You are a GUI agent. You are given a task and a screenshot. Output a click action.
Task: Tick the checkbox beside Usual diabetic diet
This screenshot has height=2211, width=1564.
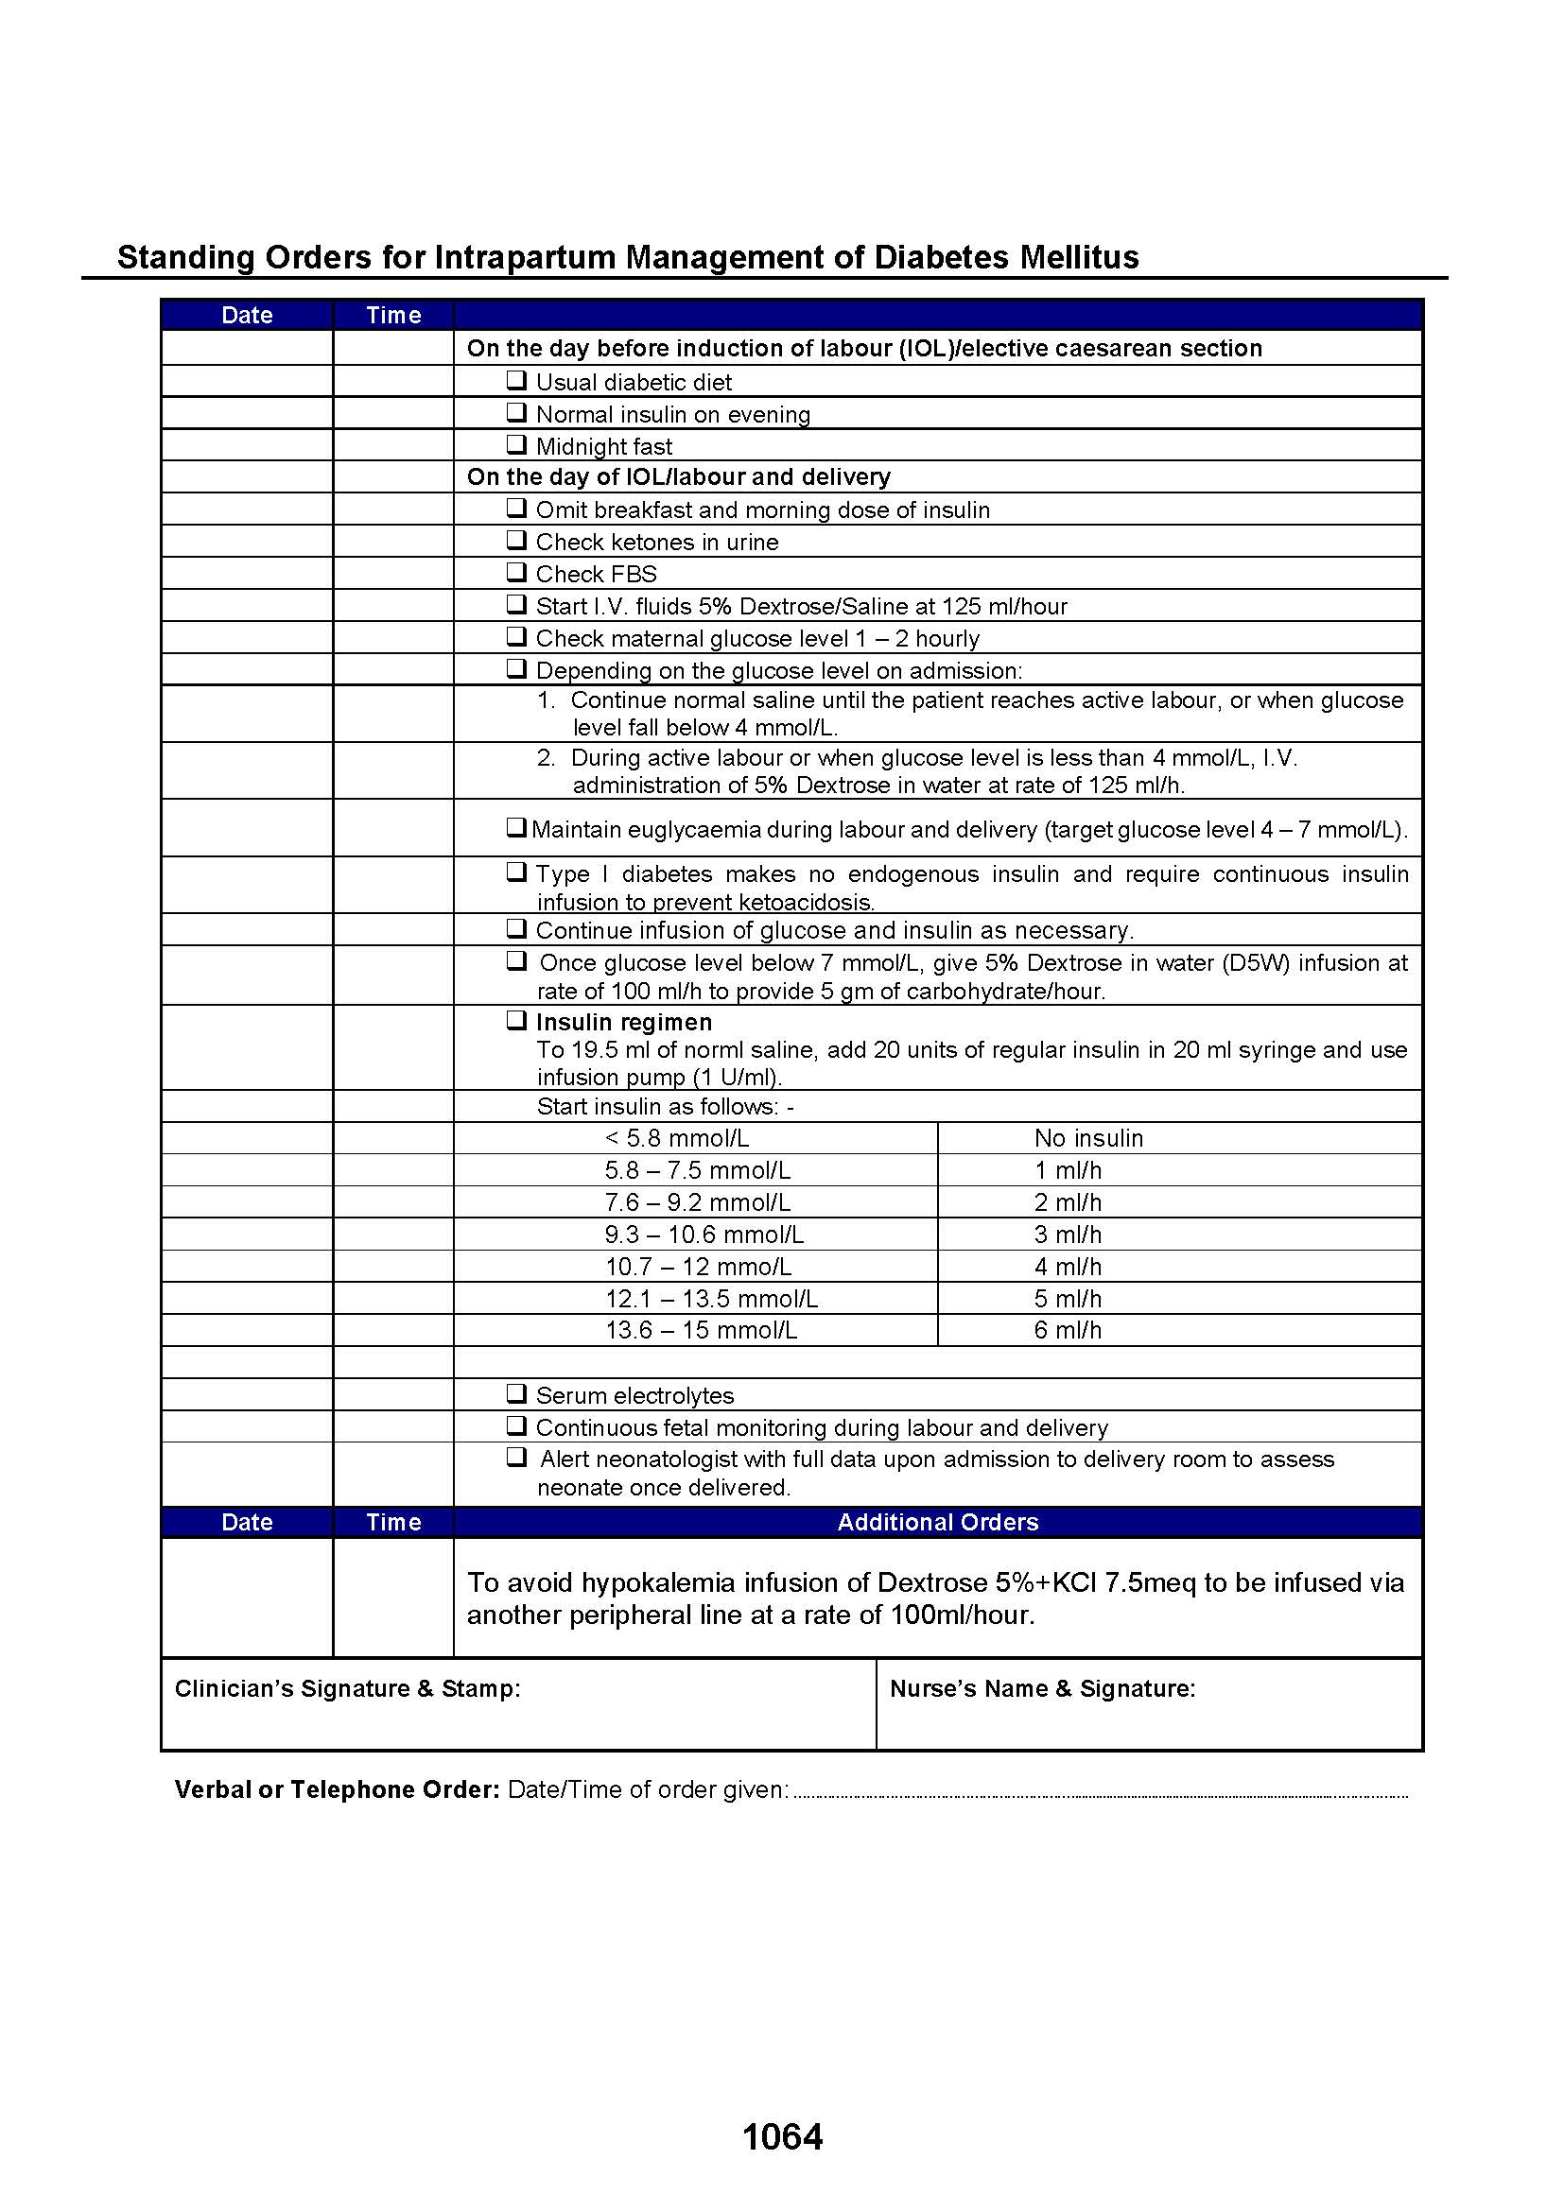[516, 380]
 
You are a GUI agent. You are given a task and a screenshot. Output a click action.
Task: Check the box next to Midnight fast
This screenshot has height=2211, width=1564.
[516, 444]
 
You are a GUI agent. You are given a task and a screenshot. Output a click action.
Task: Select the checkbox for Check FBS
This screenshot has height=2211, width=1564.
[516, 572]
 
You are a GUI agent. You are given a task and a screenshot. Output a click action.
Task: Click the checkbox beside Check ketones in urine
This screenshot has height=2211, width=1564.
[516, 541]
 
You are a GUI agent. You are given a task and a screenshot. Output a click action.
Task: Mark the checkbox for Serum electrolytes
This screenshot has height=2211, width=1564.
[516, 1393]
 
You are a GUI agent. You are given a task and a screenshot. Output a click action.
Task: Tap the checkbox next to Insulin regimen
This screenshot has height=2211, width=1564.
[516, 1020]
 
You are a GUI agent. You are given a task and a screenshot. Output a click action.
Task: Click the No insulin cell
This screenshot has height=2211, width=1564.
[1088, 1138]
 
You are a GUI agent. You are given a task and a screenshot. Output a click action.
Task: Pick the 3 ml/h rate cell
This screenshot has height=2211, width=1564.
[1067, 1235]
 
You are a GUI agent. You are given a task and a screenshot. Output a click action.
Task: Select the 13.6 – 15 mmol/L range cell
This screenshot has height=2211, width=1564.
[700, 1330]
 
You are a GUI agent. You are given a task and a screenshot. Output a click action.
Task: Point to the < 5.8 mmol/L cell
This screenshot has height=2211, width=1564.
[676, 1138]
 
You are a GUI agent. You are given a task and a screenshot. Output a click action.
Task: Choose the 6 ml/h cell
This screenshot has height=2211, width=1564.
[1067, 1330]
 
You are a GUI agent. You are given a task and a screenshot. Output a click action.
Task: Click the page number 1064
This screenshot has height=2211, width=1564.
[782, 2137]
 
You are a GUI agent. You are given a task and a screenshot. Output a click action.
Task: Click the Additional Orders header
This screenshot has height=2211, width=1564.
[937, 1522]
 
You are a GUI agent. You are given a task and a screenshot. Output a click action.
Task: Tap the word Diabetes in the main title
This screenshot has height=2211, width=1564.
[942, 257]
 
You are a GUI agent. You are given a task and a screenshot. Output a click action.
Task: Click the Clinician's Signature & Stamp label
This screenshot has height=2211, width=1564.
[347, 1688]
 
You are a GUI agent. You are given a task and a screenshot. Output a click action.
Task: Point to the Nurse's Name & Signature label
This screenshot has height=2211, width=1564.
[1042, 1688]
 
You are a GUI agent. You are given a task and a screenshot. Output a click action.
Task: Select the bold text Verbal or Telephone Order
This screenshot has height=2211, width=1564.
[336, 1789]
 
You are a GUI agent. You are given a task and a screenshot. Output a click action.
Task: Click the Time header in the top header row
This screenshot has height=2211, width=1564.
[393, 315]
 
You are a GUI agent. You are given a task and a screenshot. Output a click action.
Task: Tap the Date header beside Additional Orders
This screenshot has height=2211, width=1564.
[247, 1522]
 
